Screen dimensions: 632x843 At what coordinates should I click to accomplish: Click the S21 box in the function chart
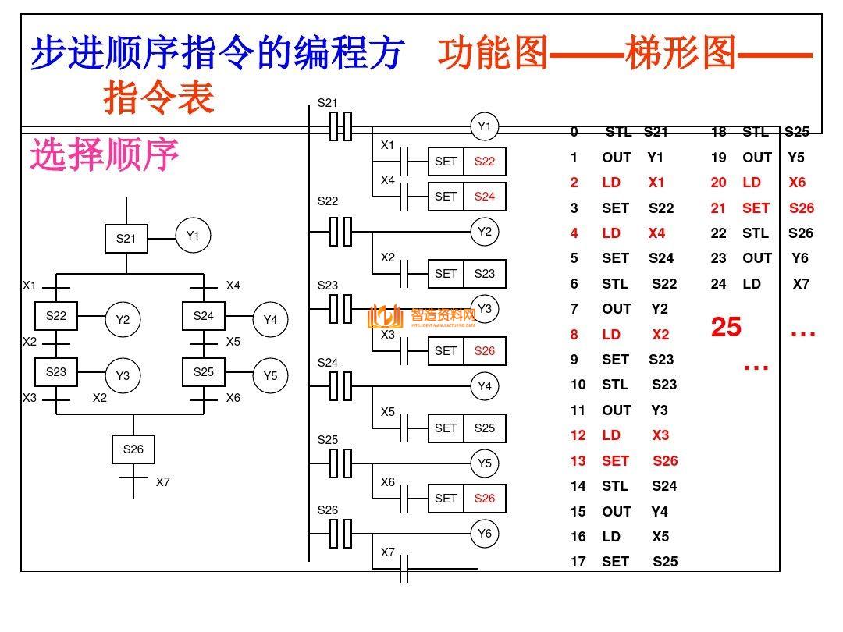[x=126, y=239]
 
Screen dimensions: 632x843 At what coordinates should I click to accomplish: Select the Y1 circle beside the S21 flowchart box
[x=193, y=236]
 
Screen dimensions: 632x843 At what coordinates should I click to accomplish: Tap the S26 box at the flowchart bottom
[x=133, y=449]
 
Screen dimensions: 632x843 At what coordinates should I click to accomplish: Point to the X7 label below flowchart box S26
[x=162, y=482]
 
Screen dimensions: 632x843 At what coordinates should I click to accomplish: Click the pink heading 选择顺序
[x=105, y=154]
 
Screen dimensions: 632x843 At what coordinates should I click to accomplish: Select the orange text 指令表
[x=158, y=99]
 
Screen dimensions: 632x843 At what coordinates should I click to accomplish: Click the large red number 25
[x=726, y=327]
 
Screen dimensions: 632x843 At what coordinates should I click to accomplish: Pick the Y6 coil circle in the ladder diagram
[x=485, y=534]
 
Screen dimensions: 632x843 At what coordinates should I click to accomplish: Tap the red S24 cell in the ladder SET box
[x=485, y=197]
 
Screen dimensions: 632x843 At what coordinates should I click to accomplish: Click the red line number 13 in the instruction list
[x=578, y=461]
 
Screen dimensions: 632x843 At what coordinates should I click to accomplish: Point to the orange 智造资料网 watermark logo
[x=421, y=316]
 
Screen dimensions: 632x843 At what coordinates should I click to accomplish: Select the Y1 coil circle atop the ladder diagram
[x=485, y=126]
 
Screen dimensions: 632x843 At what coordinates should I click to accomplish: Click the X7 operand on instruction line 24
[x=801, y=284]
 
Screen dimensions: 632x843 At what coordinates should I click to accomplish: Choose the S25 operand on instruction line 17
[x=665, y=562]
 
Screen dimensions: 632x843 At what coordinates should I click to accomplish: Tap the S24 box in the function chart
[x=203, y=316]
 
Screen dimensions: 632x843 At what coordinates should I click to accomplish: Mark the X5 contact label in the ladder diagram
[x=388, y=412]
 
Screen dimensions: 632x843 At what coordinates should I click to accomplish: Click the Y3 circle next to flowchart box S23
[x=123, y=375]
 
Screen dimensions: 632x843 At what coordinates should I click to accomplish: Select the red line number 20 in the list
[x=718, y=183]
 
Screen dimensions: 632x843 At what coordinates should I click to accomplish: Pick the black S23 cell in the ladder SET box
[x=485, y=274]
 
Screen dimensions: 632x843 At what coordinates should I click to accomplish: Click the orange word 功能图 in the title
[x=493, y=55]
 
